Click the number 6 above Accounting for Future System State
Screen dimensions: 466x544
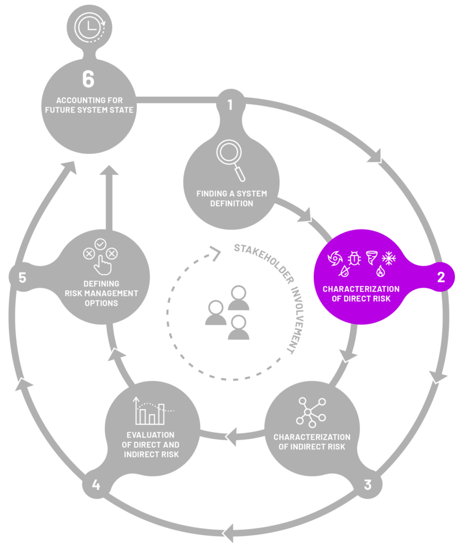pyautogui.click(x=88, y=79)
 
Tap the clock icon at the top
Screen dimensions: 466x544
pyautogui.click(x=90, y=28)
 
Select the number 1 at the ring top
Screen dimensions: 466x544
pyautogui.click(x=230, y=105)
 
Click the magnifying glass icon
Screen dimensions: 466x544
pyautogui.click(x=230, y=160)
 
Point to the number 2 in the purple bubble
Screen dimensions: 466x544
pyautogui.click(x=441, y=277)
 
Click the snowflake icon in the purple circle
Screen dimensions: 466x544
pyautogui.click(x=389, y=258)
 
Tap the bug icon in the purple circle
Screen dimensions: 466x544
pyautogui.click(x=354, y=258)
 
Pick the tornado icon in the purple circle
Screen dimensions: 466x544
pyautogui.click(x=371, y=258)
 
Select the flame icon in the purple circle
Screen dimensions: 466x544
pyautogui.click(x=380, y=271)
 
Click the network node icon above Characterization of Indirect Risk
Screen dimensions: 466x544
pyautogui.click(x=311, y=412)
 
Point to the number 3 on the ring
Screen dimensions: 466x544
pyautogui.click(x=368, y=484)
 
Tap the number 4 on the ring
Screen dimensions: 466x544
pyautogui.click(x=96, y=484)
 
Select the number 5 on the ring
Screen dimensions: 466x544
pyautogui.click(x=22, y=277)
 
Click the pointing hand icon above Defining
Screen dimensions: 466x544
pyautogui.click(x=103, y=265)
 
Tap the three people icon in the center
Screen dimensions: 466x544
pyautogui.click(x=227, y=312)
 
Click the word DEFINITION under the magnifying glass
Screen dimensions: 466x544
pyautogui.click(x=231, y=203)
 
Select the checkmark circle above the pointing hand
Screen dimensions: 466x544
pyautogui.click(x=101, y=244)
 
